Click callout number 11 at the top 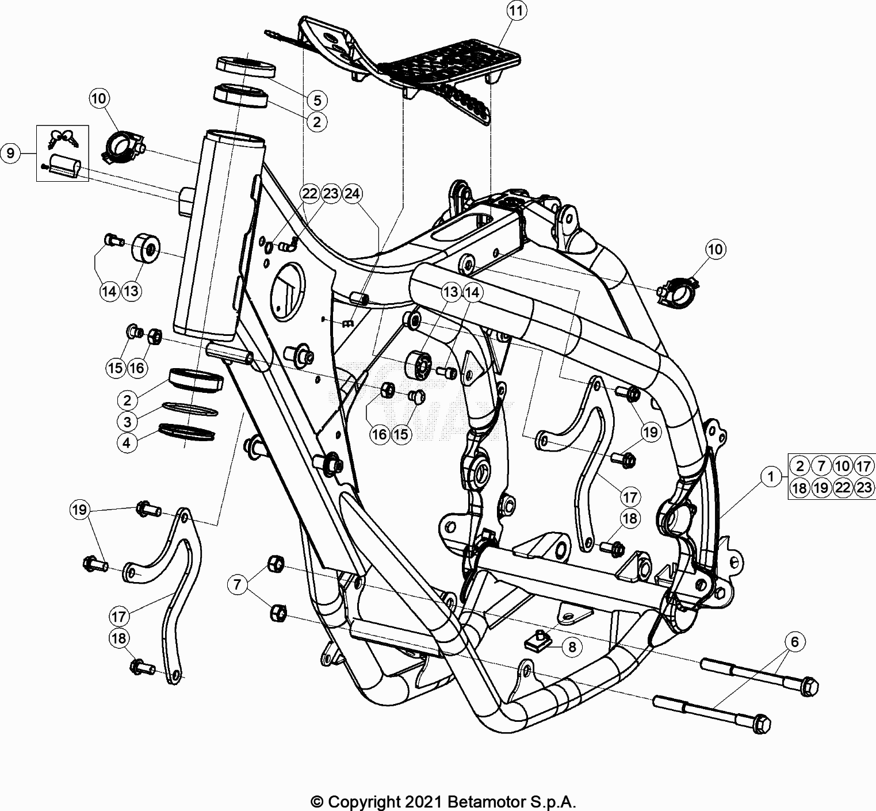517,12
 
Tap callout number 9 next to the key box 11,154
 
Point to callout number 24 352,194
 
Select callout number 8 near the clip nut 572,646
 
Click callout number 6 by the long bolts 794,642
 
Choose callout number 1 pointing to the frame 771,476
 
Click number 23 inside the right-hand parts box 864,488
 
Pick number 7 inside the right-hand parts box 821,466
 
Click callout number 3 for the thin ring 127,422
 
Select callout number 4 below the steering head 127,443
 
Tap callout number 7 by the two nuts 237,585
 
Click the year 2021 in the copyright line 424,801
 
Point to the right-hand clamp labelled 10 679,292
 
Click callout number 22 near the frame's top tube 310,194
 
